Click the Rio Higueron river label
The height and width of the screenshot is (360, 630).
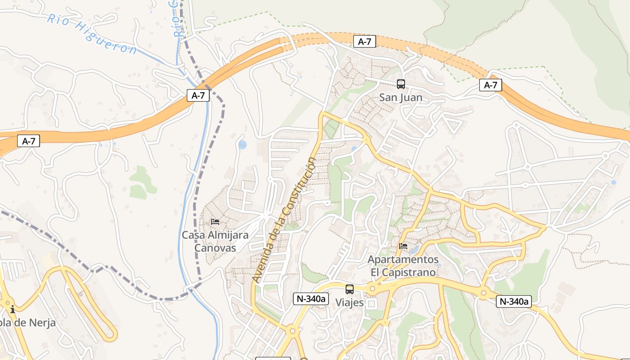point(92,34)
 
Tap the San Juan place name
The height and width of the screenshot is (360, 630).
point(400,98)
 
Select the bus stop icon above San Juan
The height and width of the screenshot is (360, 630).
point(400,84)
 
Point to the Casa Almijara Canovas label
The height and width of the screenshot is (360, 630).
point(215,242)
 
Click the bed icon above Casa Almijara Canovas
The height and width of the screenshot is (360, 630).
point(215,222)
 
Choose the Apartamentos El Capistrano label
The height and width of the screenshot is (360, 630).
point(403,266)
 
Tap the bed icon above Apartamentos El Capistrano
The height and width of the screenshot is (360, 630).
point(403,246)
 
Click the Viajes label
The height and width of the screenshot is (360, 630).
point(349,303)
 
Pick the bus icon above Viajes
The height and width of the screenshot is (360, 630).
point(350,289)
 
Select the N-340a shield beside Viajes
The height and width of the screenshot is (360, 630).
point(311,299)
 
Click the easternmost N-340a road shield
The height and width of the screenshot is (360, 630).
point(514,301)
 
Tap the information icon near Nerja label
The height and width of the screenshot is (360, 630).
point(13,309)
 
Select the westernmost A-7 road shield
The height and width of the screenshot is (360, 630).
point(28,141)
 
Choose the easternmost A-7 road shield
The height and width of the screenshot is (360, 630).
point(490,85)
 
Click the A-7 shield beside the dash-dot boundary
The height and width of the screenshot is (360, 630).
point(198,95)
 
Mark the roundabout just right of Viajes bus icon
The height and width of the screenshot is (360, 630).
point(372,288)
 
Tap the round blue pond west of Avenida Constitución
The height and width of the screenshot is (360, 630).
point(243,145)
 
